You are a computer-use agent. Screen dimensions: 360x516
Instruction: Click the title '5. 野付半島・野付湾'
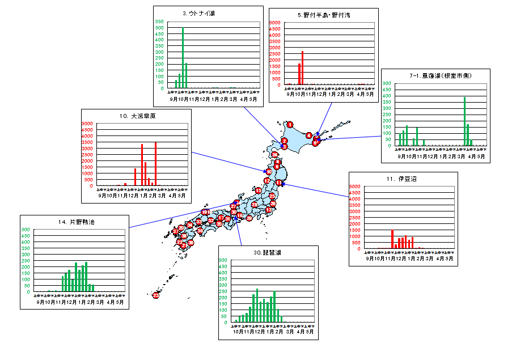tap(323, 15)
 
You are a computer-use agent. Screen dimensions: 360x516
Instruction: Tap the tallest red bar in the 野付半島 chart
tap(303, 67)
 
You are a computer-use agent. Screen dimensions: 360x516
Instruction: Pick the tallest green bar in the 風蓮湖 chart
tap(464, 121)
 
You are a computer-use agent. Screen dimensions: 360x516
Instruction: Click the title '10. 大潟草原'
tap(137, 116)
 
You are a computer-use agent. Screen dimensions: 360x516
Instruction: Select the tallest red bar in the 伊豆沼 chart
tap(392, 239)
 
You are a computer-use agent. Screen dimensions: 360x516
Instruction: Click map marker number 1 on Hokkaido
tap(290, 125)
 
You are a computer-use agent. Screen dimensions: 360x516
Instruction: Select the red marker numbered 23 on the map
tap(156, 295)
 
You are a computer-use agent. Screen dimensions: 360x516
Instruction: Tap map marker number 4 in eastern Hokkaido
tap(308, 135)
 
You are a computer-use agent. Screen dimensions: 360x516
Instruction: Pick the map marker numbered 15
tap(258, 191)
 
